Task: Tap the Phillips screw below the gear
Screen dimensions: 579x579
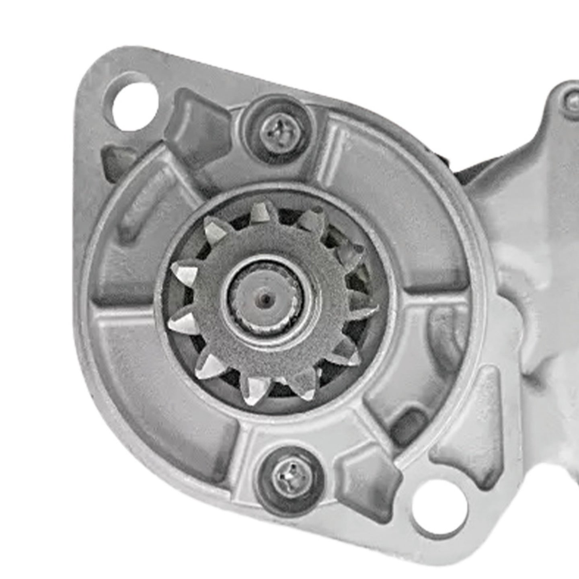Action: (x=290, y=478)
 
